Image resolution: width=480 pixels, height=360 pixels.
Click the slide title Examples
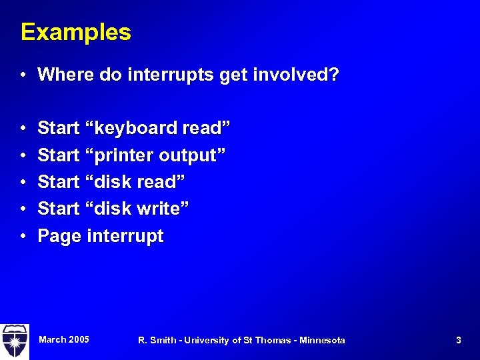pyautogui.click(x=76, y=32)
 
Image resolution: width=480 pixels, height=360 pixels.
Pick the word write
pyautogui.click(x=162, y=209)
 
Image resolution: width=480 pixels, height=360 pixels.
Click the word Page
pyautogui.click(x=59, y=236)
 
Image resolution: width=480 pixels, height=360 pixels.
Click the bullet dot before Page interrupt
pyautogui.click(x=23, y=236)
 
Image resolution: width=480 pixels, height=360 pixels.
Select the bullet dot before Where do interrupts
pyautogui.click(x=23, y=75)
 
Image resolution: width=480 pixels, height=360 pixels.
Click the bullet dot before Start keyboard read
pyautogui.click(x=23, y=127)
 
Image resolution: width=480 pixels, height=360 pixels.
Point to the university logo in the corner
pyautogui.click(x=14, y=341)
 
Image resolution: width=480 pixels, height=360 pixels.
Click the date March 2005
pyautogui.click(x=64, y=340)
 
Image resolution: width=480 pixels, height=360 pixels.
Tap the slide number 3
pyautogui.click(x=458, y=340)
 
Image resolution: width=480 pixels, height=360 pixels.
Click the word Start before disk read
pyautogui.click(x=59, y=182)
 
